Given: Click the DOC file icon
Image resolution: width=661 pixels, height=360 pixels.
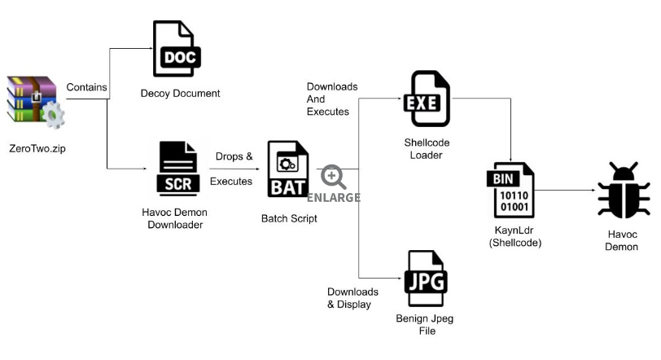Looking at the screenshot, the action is [177, 49].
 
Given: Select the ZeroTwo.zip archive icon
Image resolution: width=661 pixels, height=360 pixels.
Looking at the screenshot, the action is [36, 102].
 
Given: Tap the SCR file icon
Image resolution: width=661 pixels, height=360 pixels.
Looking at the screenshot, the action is [178, 169].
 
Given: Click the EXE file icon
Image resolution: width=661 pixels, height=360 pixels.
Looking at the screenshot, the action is [427, 99].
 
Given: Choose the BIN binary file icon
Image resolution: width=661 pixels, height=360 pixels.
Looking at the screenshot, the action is [510, 190].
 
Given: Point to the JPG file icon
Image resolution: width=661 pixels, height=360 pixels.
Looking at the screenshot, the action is [426, 279].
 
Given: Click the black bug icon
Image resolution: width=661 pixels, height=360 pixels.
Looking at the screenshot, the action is [624, 190].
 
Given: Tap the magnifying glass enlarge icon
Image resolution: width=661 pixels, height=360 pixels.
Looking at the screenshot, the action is [334, 177].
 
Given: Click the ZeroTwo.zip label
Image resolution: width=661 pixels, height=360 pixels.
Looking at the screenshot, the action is [37, 148].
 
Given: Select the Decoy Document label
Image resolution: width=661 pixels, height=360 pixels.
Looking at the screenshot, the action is [181, 93].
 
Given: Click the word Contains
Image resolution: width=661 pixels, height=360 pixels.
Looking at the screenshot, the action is [86, 87].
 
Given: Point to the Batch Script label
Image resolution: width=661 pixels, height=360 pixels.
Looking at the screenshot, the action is [289, 218].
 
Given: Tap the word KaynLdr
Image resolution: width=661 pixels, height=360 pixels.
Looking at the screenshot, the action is [514, 230].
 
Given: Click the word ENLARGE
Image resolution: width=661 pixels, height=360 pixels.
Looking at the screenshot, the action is [334, 198].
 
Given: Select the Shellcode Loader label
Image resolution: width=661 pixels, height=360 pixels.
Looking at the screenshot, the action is [427, 149].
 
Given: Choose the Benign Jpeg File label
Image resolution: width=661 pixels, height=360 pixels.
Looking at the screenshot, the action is [425, 325].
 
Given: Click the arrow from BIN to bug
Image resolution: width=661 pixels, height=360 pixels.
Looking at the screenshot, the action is [565, 190].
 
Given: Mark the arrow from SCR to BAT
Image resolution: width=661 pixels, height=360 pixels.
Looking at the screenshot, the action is [234, 169].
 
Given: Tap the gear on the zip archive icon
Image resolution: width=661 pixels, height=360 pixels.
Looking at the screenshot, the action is [54, 115].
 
